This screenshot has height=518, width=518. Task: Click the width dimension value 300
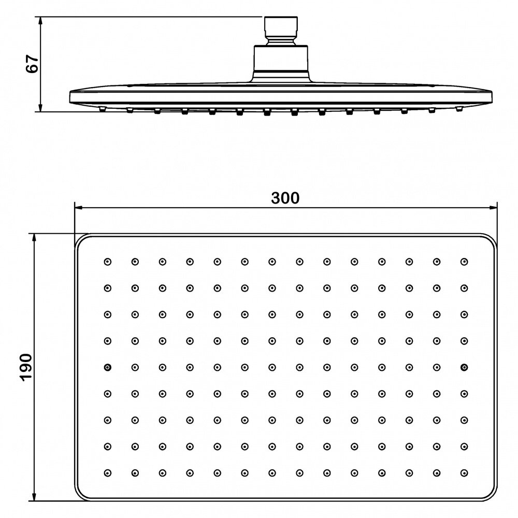point(285,198)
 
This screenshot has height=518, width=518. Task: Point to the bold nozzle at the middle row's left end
point(107,367)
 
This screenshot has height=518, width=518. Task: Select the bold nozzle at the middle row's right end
point(464,367)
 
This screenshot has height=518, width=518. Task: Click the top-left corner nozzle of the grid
point(107,262)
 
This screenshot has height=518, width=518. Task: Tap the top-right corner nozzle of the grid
point(464,262)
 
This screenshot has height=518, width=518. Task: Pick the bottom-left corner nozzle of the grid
point(107,472)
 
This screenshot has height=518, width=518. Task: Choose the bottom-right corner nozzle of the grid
point(464,472)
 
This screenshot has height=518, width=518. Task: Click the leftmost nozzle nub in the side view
point(102,109)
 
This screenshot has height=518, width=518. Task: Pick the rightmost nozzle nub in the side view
point(458,109)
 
